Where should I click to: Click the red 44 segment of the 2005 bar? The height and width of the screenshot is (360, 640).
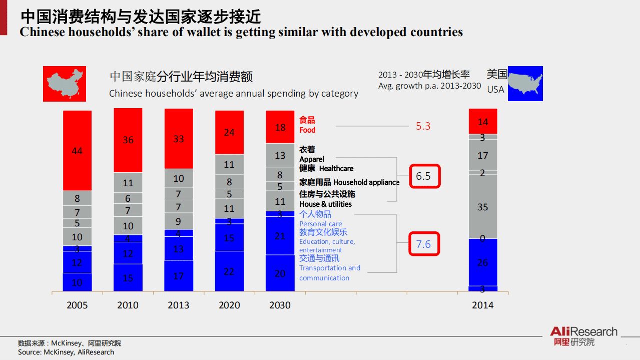click(x=77, y=150)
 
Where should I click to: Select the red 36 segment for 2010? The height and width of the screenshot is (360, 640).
click(x=128, y=140)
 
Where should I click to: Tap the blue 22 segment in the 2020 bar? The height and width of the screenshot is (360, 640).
click(x=229, y=271)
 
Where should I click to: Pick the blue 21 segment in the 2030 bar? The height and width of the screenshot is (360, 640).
click(x=280, y=236)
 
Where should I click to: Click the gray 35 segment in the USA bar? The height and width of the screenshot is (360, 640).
click(x=483, y=206)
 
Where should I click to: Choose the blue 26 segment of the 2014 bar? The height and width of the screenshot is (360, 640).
click(x=483, y=262)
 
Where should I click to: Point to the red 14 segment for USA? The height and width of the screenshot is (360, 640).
click(x=483, y=122)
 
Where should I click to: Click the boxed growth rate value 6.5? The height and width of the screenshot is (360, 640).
click(x=424, y=176)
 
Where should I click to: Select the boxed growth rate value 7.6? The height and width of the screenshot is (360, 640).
click(x=424, y=244)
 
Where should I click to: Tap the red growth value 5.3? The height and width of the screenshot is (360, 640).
click(x=423, y=126)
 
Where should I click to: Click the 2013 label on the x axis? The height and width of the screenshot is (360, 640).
click(x=179, y=305)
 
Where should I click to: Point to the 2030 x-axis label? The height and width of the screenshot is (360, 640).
click(x=280, y=305)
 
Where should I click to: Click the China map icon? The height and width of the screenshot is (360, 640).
click(x=65, y=84)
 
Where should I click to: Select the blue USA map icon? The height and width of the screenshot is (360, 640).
click(x=525, y=84)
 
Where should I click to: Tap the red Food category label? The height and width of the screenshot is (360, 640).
click(x=307, y=125)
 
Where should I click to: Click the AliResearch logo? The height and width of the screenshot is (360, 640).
click(x=583, y=336)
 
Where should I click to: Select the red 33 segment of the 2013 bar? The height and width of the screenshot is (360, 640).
click(x=179, y=139)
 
